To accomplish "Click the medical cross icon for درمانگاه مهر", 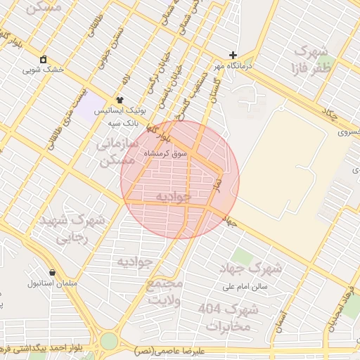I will [233, 55].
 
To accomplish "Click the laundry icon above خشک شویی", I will [44, 59].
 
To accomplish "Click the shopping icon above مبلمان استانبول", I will [52, 272].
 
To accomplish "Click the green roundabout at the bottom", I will [108, 342].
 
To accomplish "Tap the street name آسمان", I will [283, 320].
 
